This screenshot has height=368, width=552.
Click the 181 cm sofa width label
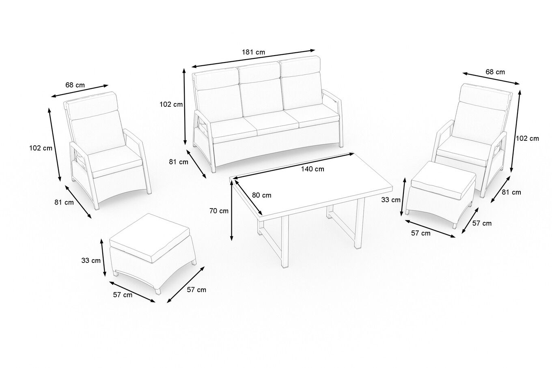[253, 52]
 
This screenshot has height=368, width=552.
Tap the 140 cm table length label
[313, 169]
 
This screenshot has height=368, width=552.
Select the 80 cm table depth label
[261, 195]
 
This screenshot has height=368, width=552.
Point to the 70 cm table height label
[219, 211]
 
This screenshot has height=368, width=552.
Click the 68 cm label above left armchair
[75, 85]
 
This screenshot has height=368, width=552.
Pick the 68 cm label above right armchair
[495, 72]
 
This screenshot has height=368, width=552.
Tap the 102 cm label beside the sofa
[171, 104]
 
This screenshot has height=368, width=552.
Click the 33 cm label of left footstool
[91, 260]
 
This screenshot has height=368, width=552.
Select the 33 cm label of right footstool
[391, 200]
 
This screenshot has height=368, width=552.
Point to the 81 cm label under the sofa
[179, 162]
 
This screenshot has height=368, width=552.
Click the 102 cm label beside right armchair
[527, 138]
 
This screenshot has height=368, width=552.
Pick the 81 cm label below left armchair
[64, 202]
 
